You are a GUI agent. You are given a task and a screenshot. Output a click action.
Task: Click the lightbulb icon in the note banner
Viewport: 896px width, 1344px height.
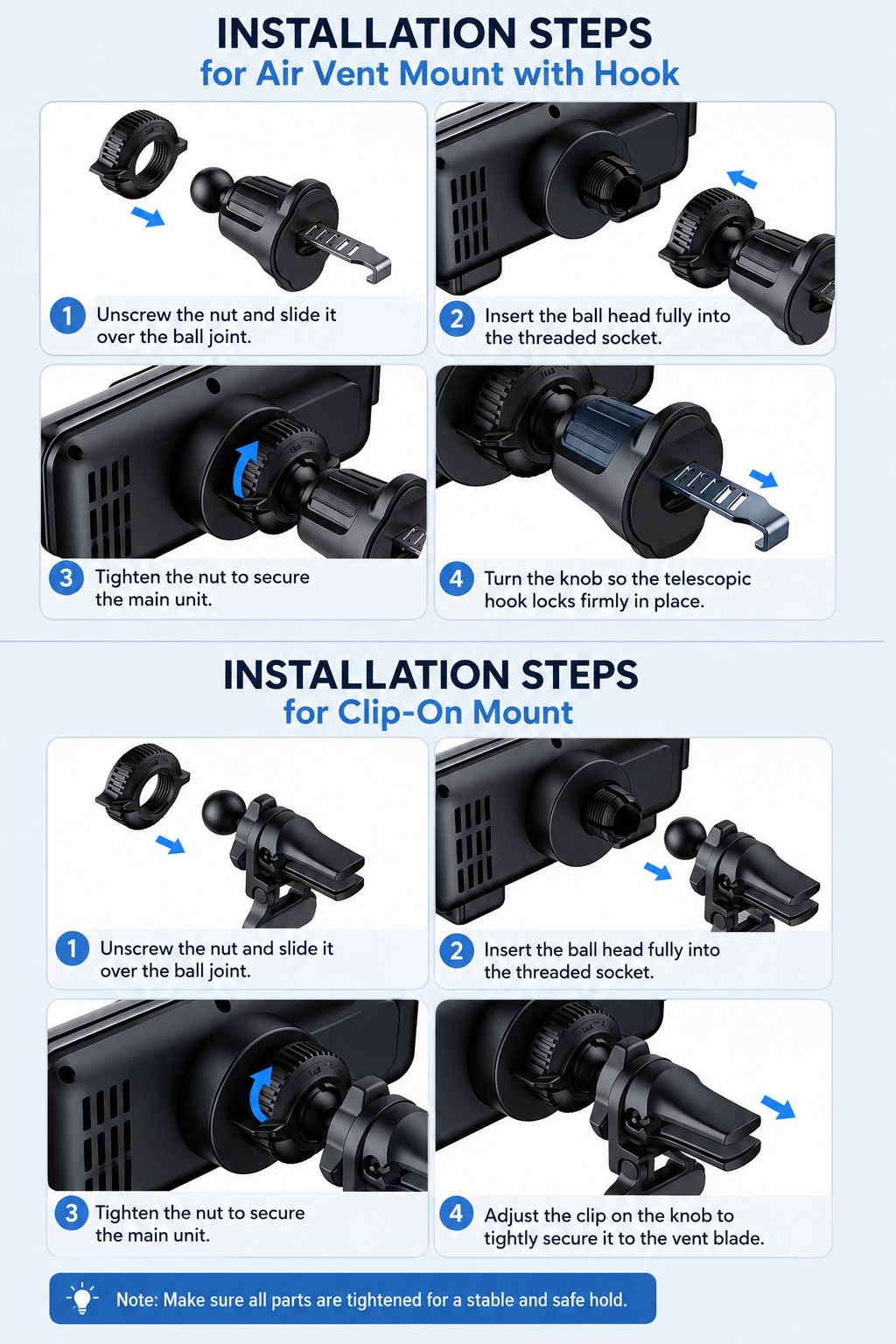pos(82,1298)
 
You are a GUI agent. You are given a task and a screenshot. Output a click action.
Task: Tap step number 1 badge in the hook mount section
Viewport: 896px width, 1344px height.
pos(67,316)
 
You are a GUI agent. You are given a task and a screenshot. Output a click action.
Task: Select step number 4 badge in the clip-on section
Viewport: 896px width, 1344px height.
pos(457,1214)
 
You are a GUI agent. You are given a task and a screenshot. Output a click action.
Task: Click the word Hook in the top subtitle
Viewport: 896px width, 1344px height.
pos(636,73)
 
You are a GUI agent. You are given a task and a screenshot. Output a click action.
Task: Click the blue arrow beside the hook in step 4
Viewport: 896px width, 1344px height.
pos(763,479)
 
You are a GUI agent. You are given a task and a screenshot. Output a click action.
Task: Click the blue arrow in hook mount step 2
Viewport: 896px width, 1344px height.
pos(742,178)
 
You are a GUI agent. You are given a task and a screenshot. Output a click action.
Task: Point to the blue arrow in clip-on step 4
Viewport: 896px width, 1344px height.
pos(778,1106)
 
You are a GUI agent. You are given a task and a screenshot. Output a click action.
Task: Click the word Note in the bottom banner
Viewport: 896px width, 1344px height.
pos(136,1299)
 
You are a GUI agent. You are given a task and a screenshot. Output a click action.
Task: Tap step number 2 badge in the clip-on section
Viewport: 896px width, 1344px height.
pos(457,951)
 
